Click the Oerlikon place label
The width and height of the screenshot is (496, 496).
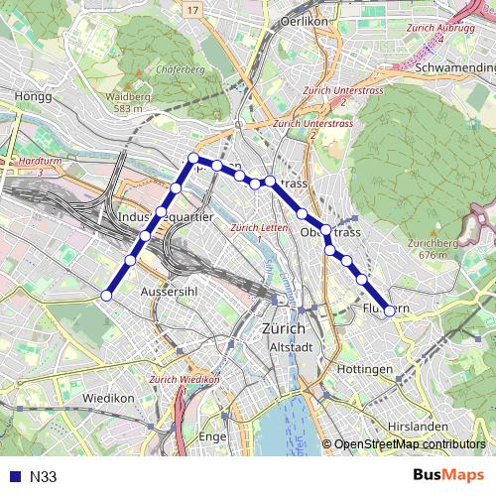click(304, 19)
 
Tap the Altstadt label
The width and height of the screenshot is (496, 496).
click(291, 347)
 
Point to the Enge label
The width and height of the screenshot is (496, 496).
click(213, 435)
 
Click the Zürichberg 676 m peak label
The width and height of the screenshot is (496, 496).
click(442, 248)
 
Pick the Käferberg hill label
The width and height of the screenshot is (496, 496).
click(180, 69)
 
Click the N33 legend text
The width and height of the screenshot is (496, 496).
click(43, 477)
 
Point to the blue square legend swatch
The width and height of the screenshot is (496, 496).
click(13, 477)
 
